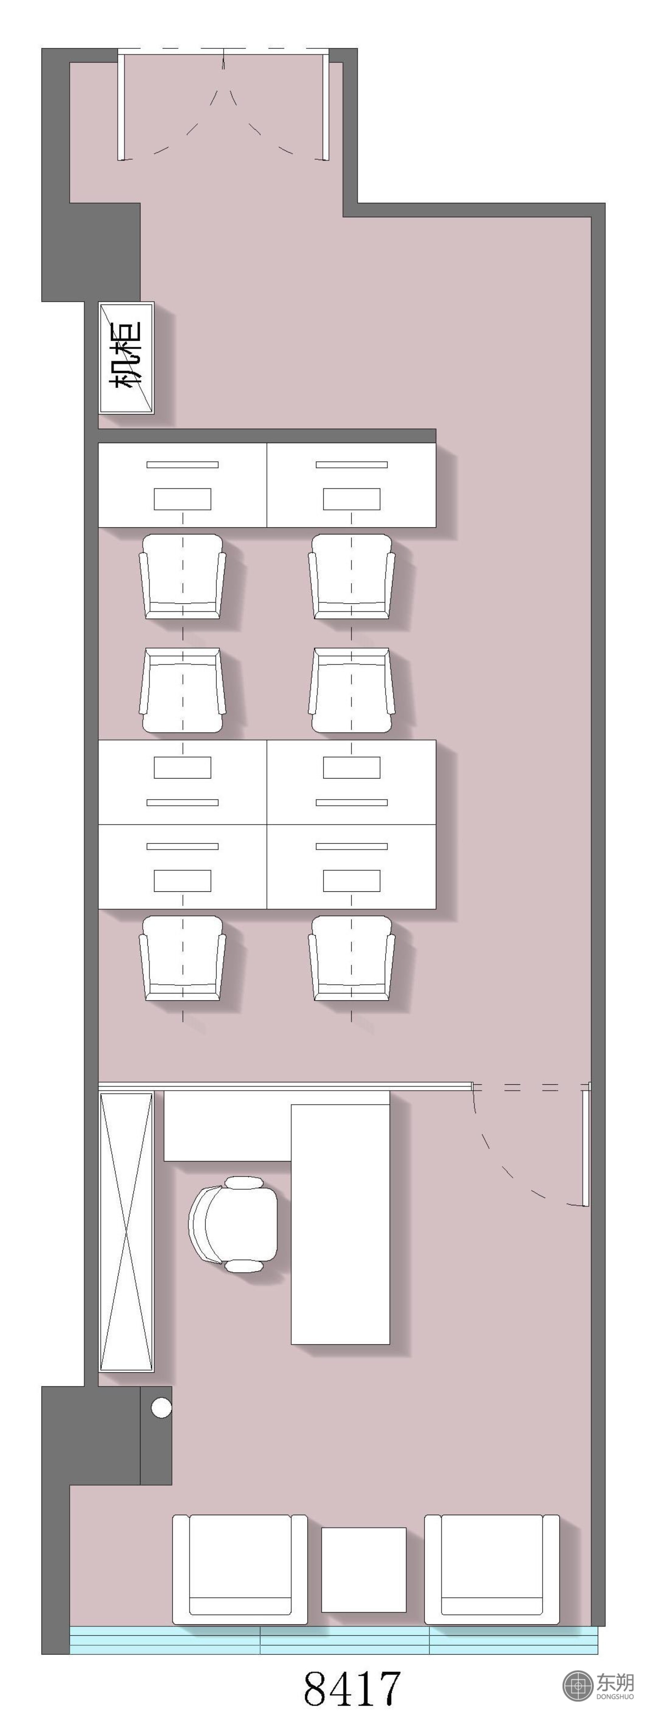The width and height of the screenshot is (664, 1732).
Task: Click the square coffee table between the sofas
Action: click(364, 1570)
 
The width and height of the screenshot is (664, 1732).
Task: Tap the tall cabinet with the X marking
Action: click(126, 1232)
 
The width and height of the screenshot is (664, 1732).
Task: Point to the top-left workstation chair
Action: click(182, 576)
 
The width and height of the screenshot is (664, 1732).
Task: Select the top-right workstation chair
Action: click(352, 576)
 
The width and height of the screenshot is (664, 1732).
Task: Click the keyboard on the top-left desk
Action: click(182, 499)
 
